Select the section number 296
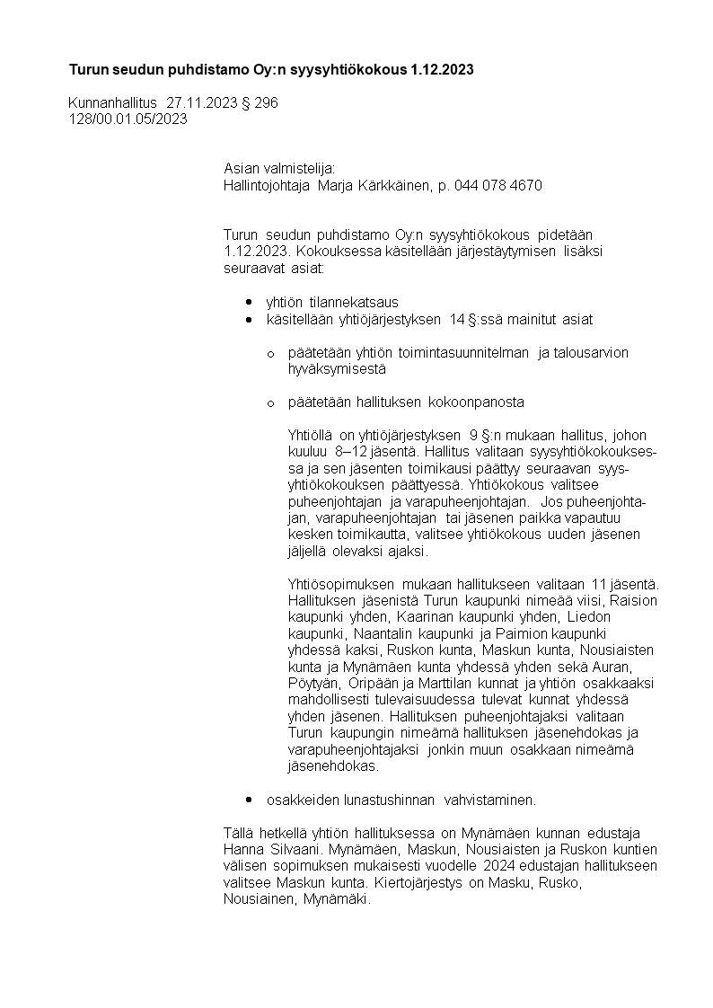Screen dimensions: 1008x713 (x=267, y=103)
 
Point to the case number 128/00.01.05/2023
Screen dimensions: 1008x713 (x=128, y=119)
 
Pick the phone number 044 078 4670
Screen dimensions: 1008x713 (x=498, y=186)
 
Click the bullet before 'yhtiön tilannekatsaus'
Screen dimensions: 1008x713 (x=249, y=303)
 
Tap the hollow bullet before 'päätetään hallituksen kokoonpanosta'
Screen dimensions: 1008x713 (x=270, y=402)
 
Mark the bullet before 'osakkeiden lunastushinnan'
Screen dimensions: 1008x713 (x=249, y=800)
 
